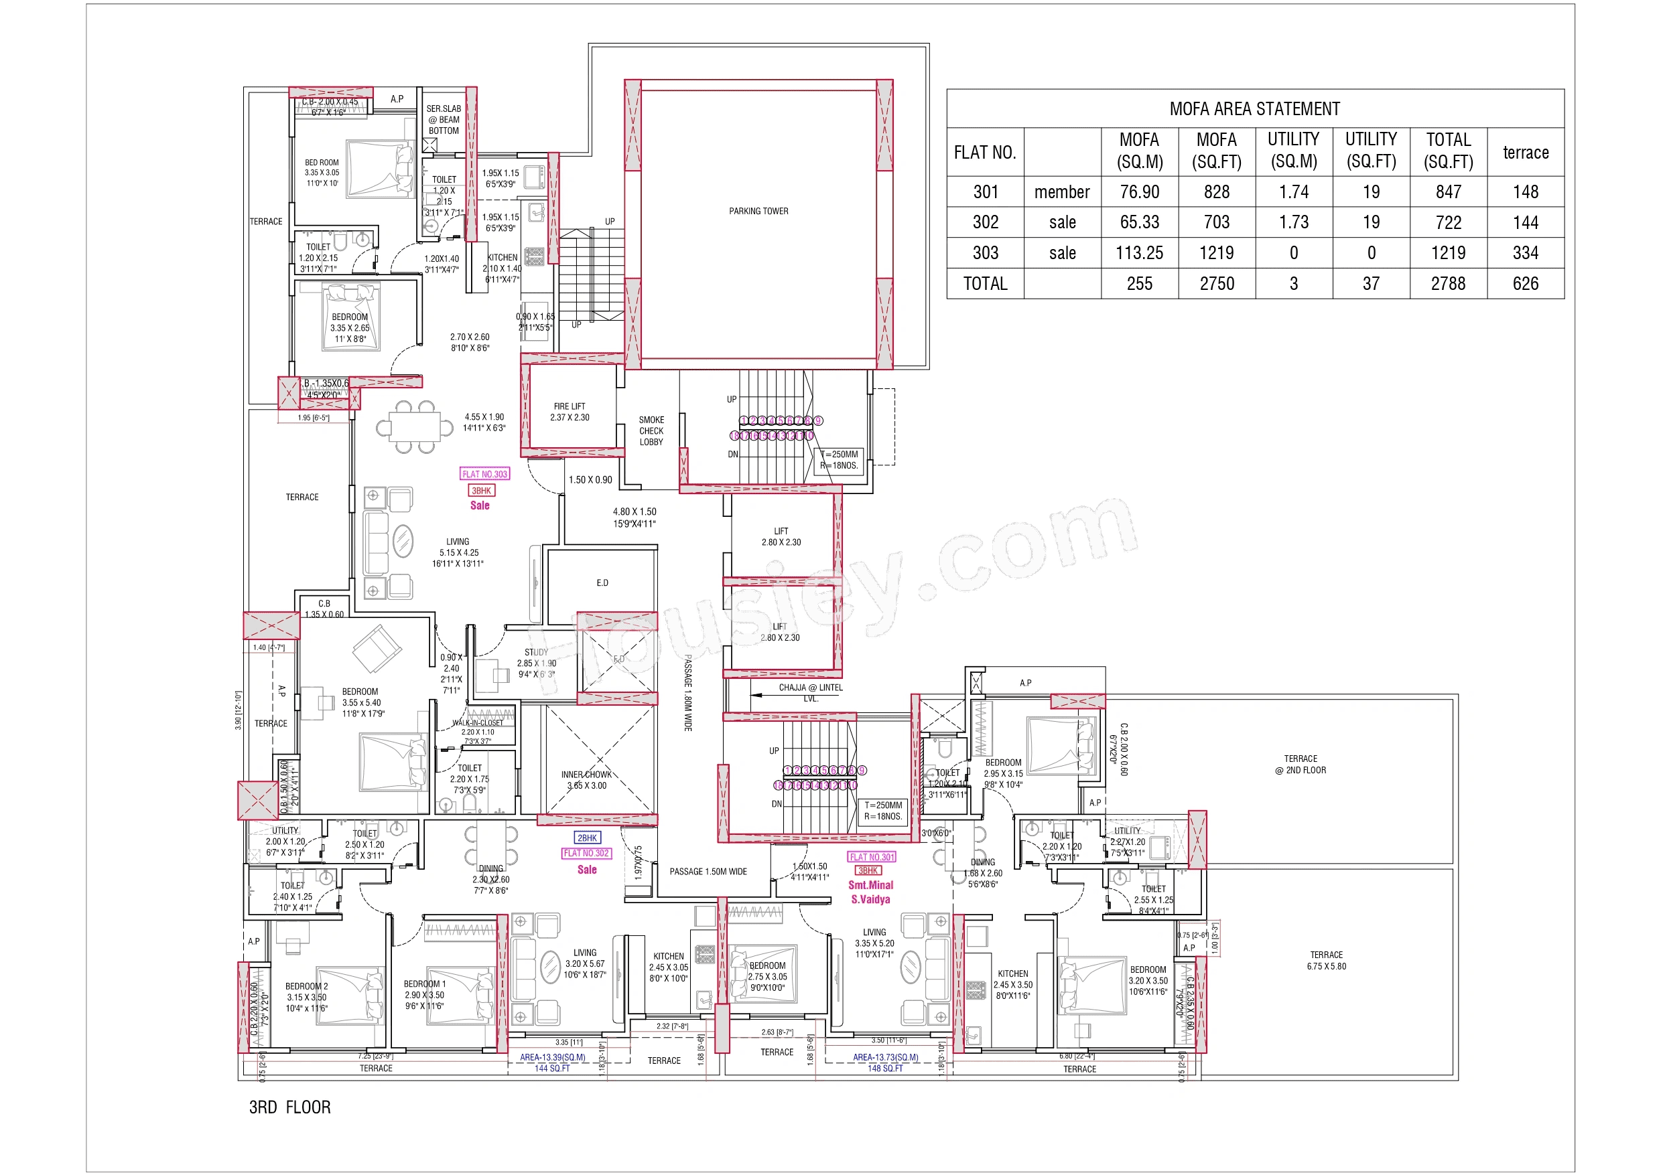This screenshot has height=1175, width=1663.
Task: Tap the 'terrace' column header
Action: (x=1525, y=152)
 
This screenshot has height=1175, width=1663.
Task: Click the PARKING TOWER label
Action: (x=758, y=212)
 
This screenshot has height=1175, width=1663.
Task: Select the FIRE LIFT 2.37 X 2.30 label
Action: (x=570, y=412)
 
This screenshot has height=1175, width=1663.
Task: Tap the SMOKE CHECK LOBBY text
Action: (x=651, y=430)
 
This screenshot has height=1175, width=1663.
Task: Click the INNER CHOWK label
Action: (x=587, y=780)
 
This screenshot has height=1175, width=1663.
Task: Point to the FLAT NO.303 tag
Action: (x=484, y=474)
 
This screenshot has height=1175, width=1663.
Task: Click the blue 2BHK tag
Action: (x=587, y=838)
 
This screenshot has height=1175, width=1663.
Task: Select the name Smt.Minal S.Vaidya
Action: (x=870, y=892)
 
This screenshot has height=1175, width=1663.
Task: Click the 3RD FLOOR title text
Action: (x=289, y=1107)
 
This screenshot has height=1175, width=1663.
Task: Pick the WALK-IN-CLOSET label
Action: (x=477, y=722)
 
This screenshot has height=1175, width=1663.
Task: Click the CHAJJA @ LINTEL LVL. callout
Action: (x=810, y=692)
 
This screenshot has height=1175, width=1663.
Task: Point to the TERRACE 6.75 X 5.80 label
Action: (x=1325, y=961)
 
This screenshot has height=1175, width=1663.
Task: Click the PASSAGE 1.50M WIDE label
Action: (x=708, y=872)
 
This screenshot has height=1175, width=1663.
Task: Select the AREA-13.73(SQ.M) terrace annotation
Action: (x=885, y=1057)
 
